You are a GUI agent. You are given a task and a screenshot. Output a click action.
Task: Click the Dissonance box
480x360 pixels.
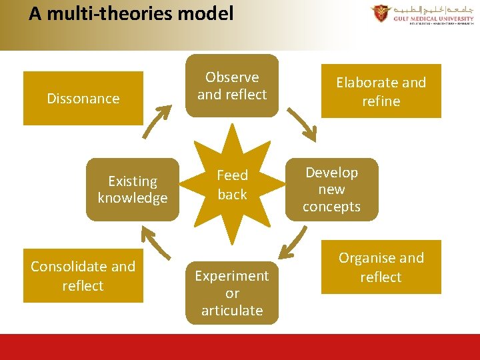83,99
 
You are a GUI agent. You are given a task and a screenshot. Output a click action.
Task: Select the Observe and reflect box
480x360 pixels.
232,86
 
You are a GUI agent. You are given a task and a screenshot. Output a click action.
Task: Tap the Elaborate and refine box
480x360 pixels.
381,91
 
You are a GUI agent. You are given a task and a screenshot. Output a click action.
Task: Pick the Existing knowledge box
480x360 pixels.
133,189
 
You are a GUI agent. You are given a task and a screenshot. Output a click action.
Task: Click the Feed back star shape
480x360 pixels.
232,185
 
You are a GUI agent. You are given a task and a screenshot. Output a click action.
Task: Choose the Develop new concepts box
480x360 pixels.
331,189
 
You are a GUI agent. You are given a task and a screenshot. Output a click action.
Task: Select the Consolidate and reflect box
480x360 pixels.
83,275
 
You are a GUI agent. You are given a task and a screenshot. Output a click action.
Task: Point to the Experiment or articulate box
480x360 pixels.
232,293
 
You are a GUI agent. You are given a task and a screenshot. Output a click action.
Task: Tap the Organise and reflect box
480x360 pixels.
381,267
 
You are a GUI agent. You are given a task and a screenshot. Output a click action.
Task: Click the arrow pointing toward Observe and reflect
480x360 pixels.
157,121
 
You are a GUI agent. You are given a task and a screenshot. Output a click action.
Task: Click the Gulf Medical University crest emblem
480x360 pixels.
381,13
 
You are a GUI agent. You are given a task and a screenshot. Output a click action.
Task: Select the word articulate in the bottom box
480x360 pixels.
232,311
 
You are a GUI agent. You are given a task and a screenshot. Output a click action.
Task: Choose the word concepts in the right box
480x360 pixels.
331,207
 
